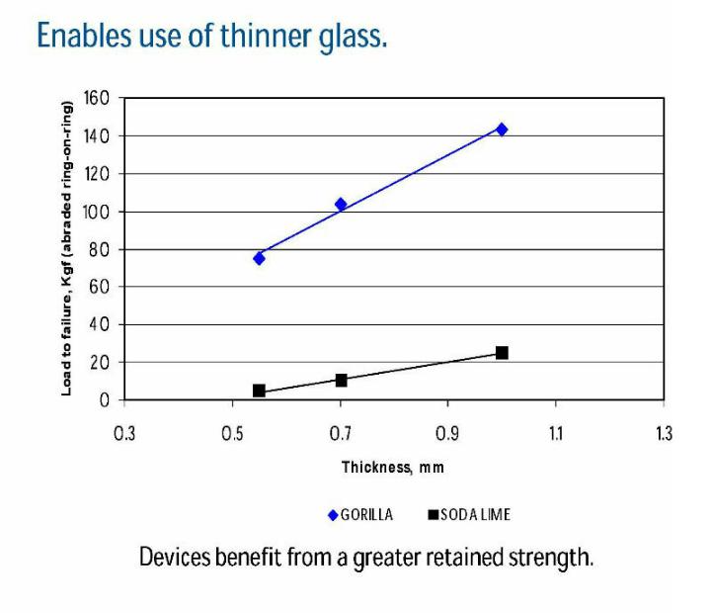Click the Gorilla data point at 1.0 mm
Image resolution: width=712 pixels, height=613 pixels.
[502, 130]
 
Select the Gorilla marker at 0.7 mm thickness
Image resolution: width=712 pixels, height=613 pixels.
[341, 205]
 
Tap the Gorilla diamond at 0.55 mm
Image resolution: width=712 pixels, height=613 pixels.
[259, 258]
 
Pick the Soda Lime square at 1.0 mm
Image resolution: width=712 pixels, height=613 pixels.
[502, 353]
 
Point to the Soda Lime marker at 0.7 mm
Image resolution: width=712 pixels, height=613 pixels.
[341, 380]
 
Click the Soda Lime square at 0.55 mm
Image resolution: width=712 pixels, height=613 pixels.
[259, 391]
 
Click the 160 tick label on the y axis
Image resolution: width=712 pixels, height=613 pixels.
[97, 98]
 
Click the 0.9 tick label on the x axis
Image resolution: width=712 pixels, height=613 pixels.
[447, 432]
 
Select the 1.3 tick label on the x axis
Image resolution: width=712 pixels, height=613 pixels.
[663, 432]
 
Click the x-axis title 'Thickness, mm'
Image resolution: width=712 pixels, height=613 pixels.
[393, 467]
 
